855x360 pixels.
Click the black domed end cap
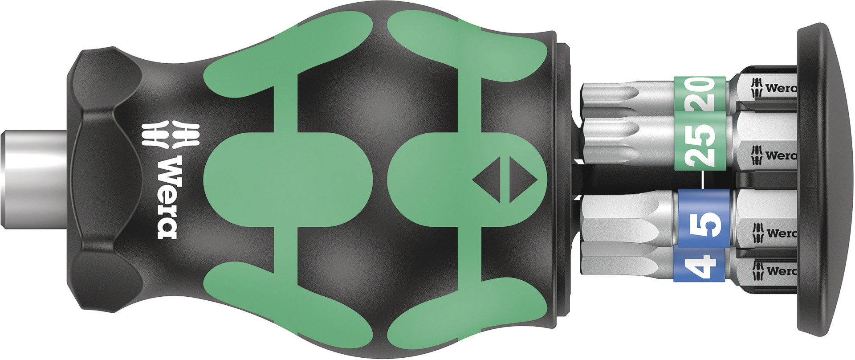click(x=824, y=180)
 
